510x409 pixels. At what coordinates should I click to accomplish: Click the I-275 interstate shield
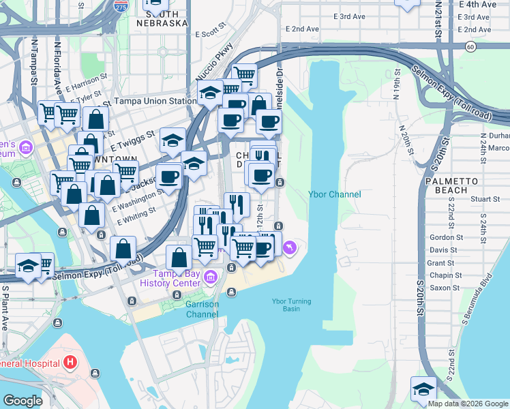[x=121, y=7]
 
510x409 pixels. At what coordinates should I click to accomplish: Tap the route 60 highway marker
[x=470, y=46]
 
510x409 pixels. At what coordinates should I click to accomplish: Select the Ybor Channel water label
[x=334, y=194]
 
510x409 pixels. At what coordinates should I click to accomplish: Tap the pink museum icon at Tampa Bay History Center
[x=210, y=275]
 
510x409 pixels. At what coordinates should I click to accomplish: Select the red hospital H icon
[x=70, y=363]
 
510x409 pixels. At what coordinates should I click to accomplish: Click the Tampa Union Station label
[x=154, y=101]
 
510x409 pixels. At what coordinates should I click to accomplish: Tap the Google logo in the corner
[x=22, y=400]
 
